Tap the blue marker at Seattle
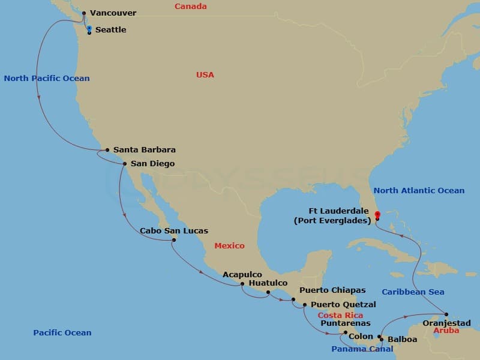89,28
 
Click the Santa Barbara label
145,150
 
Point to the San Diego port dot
124,163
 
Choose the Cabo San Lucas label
174,231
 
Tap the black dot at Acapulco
242,284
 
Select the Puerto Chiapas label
332,290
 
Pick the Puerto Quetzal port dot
305,305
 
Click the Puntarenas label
346,323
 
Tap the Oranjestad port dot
446,314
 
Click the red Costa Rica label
340,316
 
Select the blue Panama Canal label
362,349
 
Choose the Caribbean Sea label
413,292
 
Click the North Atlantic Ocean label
419,191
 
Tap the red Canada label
191,7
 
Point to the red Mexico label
230,246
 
